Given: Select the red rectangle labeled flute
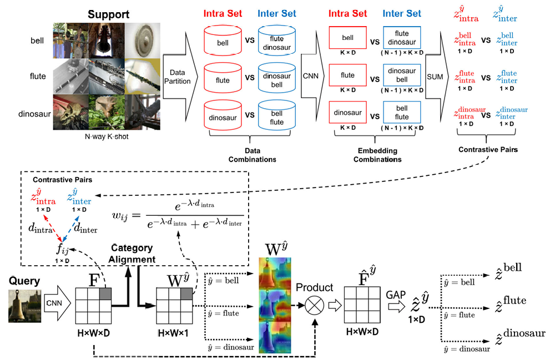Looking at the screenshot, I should pos(347,75).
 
